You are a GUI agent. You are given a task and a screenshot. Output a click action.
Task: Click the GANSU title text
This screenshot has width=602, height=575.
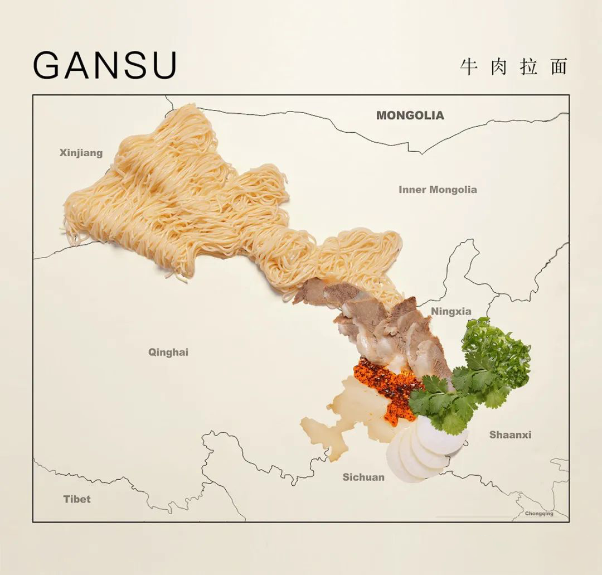point(105,66)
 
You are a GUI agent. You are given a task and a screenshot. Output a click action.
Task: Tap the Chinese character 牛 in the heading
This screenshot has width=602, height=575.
point(469,67)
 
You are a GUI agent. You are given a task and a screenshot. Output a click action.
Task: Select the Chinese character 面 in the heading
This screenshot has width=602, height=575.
point(557,67)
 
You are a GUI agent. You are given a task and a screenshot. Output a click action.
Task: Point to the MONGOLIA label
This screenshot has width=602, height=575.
point(410,115)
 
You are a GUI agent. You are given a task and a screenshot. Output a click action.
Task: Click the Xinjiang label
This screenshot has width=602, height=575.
point(81,153)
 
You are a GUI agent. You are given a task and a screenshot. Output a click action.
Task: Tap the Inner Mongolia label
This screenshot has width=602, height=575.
point(438,190)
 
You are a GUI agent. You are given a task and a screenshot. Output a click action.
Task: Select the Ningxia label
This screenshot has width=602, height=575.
point(451,311)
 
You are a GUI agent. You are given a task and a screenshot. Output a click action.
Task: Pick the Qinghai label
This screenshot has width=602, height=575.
point(168,352)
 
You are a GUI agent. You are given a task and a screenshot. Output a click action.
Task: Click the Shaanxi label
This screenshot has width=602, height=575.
point(510,434)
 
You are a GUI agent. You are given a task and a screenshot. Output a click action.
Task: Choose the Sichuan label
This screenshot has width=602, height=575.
point(363,477)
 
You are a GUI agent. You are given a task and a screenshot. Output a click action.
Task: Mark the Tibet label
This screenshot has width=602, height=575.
point(77,499)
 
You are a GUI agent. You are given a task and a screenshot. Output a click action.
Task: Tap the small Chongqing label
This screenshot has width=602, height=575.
point(539,514)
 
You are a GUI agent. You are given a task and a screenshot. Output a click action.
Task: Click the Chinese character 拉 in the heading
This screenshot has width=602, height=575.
point(528,67)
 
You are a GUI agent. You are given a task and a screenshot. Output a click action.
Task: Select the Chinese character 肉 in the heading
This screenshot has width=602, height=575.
point(499,67)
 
